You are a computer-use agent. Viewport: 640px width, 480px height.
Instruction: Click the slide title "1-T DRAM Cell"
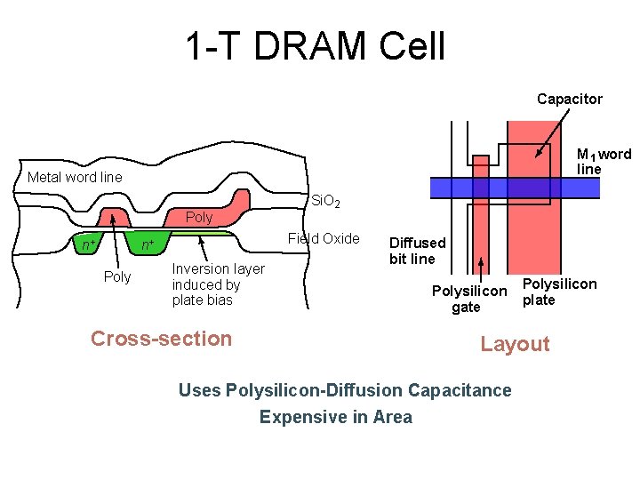315,46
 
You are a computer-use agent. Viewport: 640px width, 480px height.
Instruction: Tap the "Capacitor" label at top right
569,100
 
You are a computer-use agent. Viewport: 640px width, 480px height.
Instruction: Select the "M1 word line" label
604,161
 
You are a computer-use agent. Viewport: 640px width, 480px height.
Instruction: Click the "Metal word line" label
75,177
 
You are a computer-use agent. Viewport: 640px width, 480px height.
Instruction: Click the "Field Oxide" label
324,238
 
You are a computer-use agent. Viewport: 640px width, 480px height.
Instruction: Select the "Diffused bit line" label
417,251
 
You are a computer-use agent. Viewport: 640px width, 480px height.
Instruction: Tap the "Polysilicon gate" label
468,299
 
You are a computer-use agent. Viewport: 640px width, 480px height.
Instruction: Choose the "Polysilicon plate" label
559,292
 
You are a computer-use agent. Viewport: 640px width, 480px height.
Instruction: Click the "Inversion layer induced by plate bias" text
217,284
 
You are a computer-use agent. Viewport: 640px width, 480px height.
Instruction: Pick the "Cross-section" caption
161,339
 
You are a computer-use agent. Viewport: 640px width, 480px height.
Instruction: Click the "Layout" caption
515,344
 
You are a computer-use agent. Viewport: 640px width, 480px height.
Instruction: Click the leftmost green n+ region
86,244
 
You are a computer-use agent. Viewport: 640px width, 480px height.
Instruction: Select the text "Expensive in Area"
335,418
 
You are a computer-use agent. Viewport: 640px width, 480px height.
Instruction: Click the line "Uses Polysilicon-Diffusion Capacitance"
345,390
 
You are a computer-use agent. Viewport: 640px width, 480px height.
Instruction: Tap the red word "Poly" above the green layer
199,218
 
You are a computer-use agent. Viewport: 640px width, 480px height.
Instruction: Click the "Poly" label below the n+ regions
117,276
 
